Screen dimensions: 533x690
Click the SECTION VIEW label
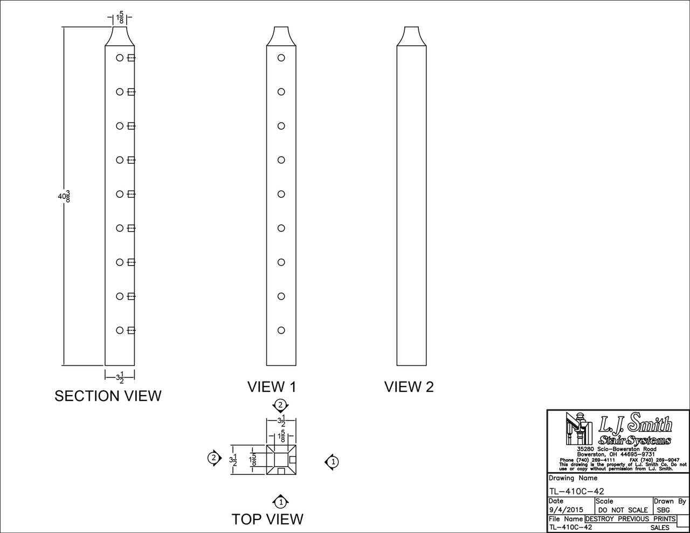pyautogui.click(x=108, y=396)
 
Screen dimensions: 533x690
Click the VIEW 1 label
pyautogui.click(x=272, y=387)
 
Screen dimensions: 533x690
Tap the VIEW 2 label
pyautogui.click(x=409, y=387)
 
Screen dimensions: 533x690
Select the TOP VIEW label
pyautogui.click(x=267, y=519)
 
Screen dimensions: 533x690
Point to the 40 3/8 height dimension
pyautogui.click(x=64, y=196)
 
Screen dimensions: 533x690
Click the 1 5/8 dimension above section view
pyautogui.click(x=120, y=18)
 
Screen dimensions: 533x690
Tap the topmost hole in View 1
pyautogui.click(x=281, y=58)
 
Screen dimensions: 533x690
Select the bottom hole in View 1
pyautogui.click(x=281, y=330)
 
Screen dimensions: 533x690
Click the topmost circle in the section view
pyautogui.click(x=120, y=58)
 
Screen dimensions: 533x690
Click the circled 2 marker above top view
pyautogui.click(x=281, y=405)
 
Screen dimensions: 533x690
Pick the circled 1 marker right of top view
pyautogui.click(x=333, y=462)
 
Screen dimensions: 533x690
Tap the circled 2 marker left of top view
pyautogui.click(x=214, y=458)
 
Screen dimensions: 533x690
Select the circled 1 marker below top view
pyautogui.click(x=281, y=502)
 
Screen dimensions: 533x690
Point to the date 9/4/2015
pyautogui.click(x=566, y=510)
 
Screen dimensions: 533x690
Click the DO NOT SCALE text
pyautogui.click(x=623, y=510)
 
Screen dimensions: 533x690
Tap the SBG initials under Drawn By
pyautogui.click(x=664, y=510)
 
